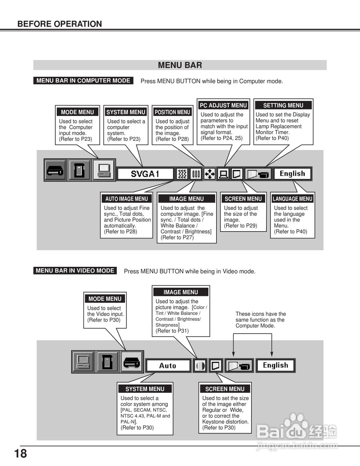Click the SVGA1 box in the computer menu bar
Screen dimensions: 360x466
145,174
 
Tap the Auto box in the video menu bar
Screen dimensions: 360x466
168,366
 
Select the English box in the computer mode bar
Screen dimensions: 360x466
292,174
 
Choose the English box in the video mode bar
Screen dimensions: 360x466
276,365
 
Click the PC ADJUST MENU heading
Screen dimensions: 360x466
223,105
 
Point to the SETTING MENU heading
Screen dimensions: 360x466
283,105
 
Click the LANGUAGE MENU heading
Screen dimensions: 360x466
292,199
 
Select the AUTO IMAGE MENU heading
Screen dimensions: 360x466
126,199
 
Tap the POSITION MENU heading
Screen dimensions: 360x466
172,112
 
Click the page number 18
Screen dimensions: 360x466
20,454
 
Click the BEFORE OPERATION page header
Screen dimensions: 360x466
60,24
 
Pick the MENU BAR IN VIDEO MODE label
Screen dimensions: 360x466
75,270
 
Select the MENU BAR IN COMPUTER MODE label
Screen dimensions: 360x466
83,80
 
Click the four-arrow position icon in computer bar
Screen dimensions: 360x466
210,174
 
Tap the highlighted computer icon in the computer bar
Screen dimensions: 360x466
104,170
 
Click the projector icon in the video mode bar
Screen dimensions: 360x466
131,362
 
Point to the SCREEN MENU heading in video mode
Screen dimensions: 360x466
225,389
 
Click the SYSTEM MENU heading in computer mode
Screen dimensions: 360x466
126,112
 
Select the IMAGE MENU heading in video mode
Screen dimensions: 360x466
181,292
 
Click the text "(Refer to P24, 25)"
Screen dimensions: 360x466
221,138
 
